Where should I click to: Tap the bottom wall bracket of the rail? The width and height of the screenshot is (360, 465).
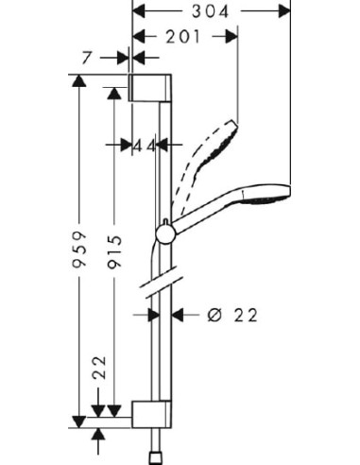(151, 414)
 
